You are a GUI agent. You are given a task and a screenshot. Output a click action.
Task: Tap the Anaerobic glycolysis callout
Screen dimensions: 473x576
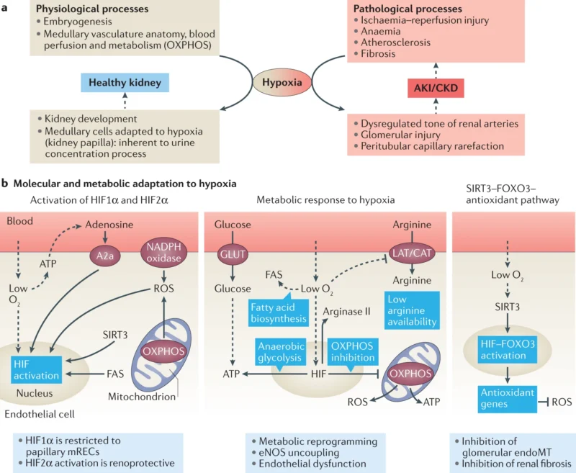[x=279, y=351]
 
